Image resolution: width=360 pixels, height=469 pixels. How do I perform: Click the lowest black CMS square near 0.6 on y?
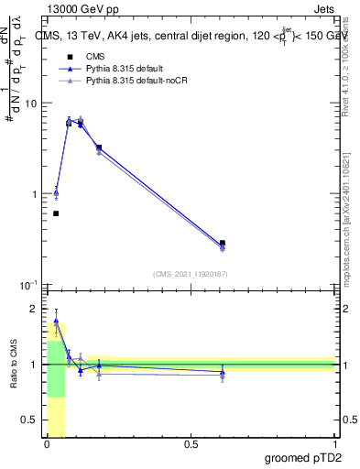(56, 213)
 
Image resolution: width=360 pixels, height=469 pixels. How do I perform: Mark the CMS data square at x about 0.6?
(223, 243)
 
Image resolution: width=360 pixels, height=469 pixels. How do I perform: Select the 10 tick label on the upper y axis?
(32, 104)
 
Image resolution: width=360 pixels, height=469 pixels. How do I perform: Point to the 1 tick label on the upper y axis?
(36, 194)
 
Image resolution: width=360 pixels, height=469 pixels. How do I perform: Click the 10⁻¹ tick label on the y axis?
(30, 285)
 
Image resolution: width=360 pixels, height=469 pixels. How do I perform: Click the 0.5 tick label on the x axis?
(191, 444)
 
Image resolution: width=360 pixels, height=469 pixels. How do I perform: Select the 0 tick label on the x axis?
(47, 444)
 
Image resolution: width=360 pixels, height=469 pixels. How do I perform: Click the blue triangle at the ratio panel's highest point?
(56, 322)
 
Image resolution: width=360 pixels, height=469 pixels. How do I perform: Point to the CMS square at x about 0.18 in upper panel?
(99, 147)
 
